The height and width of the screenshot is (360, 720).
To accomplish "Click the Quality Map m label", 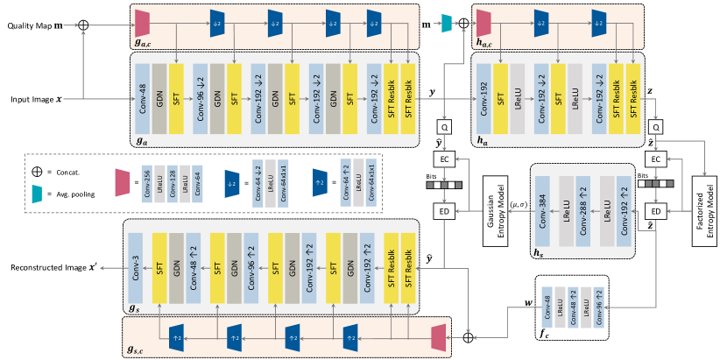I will [x=36, y=27].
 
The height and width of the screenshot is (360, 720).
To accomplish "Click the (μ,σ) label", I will [x=519, y=203].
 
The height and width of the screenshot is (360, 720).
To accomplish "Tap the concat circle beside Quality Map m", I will [x=84, y=27].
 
